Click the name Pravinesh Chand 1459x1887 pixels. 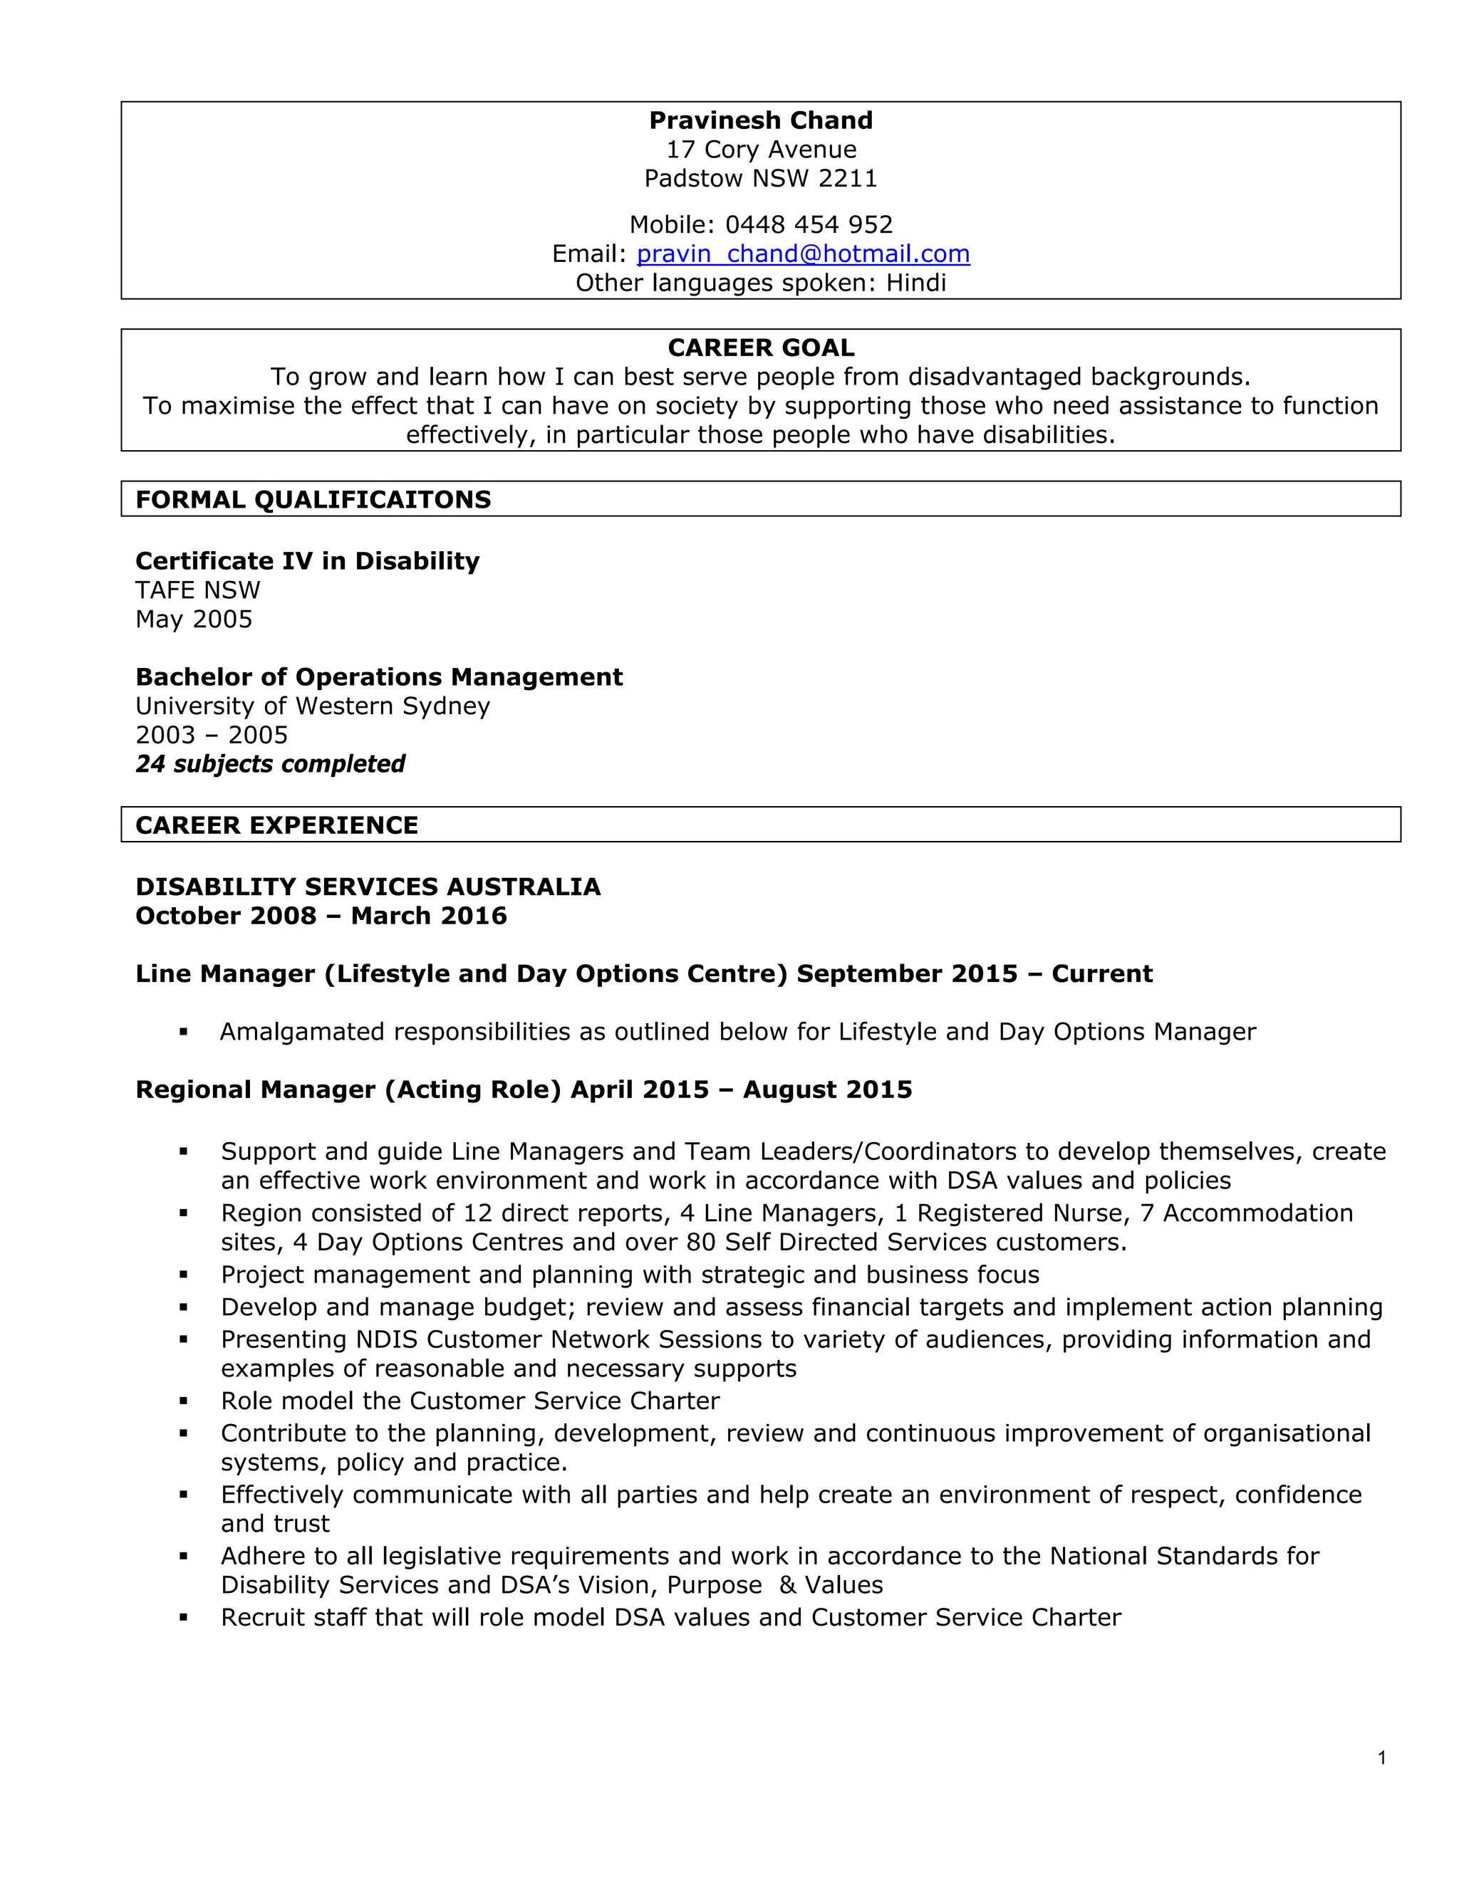point(761,120)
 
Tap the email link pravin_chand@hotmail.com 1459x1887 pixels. point(803,253)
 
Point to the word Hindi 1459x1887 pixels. point(915,283)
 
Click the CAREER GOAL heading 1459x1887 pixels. point(761,347)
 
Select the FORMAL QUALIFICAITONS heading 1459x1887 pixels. point(313,499)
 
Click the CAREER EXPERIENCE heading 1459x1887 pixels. point(276,825)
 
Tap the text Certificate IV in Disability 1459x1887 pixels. point(307,560)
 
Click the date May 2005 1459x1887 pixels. point(194,619)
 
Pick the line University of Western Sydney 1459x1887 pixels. point(312,706)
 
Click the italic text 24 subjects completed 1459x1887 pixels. point(270,764)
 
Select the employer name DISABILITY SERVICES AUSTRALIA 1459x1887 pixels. point(368,887)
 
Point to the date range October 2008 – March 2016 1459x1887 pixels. point(321,916)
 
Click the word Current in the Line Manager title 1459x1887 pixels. point(1102,973)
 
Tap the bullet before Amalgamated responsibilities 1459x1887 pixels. point(183,1032)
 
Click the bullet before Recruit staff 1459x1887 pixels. point(183,1617)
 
